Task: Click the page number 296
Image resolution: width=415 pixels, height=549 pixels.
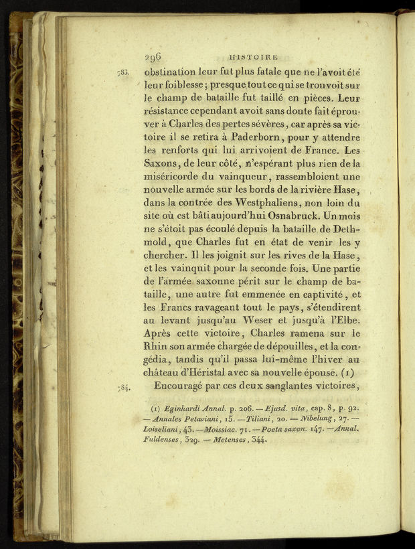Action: [x=153, y=57]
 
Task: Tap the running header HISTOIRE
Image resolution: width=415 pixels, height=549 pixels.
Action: [x=253, y=58]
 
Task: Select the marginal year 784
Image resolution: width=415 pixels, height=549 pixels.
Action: [x=122, y=386]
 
